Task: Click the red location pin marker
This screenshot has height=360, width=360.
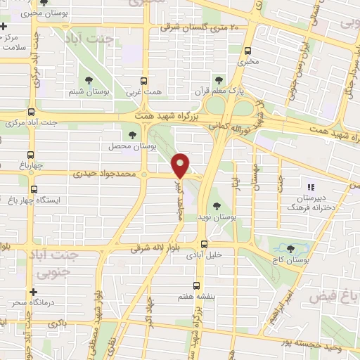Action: coord(181,166)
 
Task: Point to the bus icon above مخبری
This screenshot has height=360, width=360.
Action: coord(248,50)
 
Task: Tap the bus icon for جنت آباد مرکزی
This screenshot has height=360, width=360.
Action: coord(31,111)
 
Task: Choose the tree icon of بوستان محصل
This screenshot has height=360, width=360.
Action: coord(132,135)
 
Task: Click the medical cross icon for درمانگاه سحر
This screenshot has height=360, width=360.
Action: coord(32,292)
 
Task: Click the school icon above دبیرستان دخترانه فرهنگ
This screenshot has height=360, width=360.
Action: coord(310,187)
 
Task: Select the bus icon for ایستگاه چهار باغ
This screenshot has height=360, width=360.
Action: coord(34,190)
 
